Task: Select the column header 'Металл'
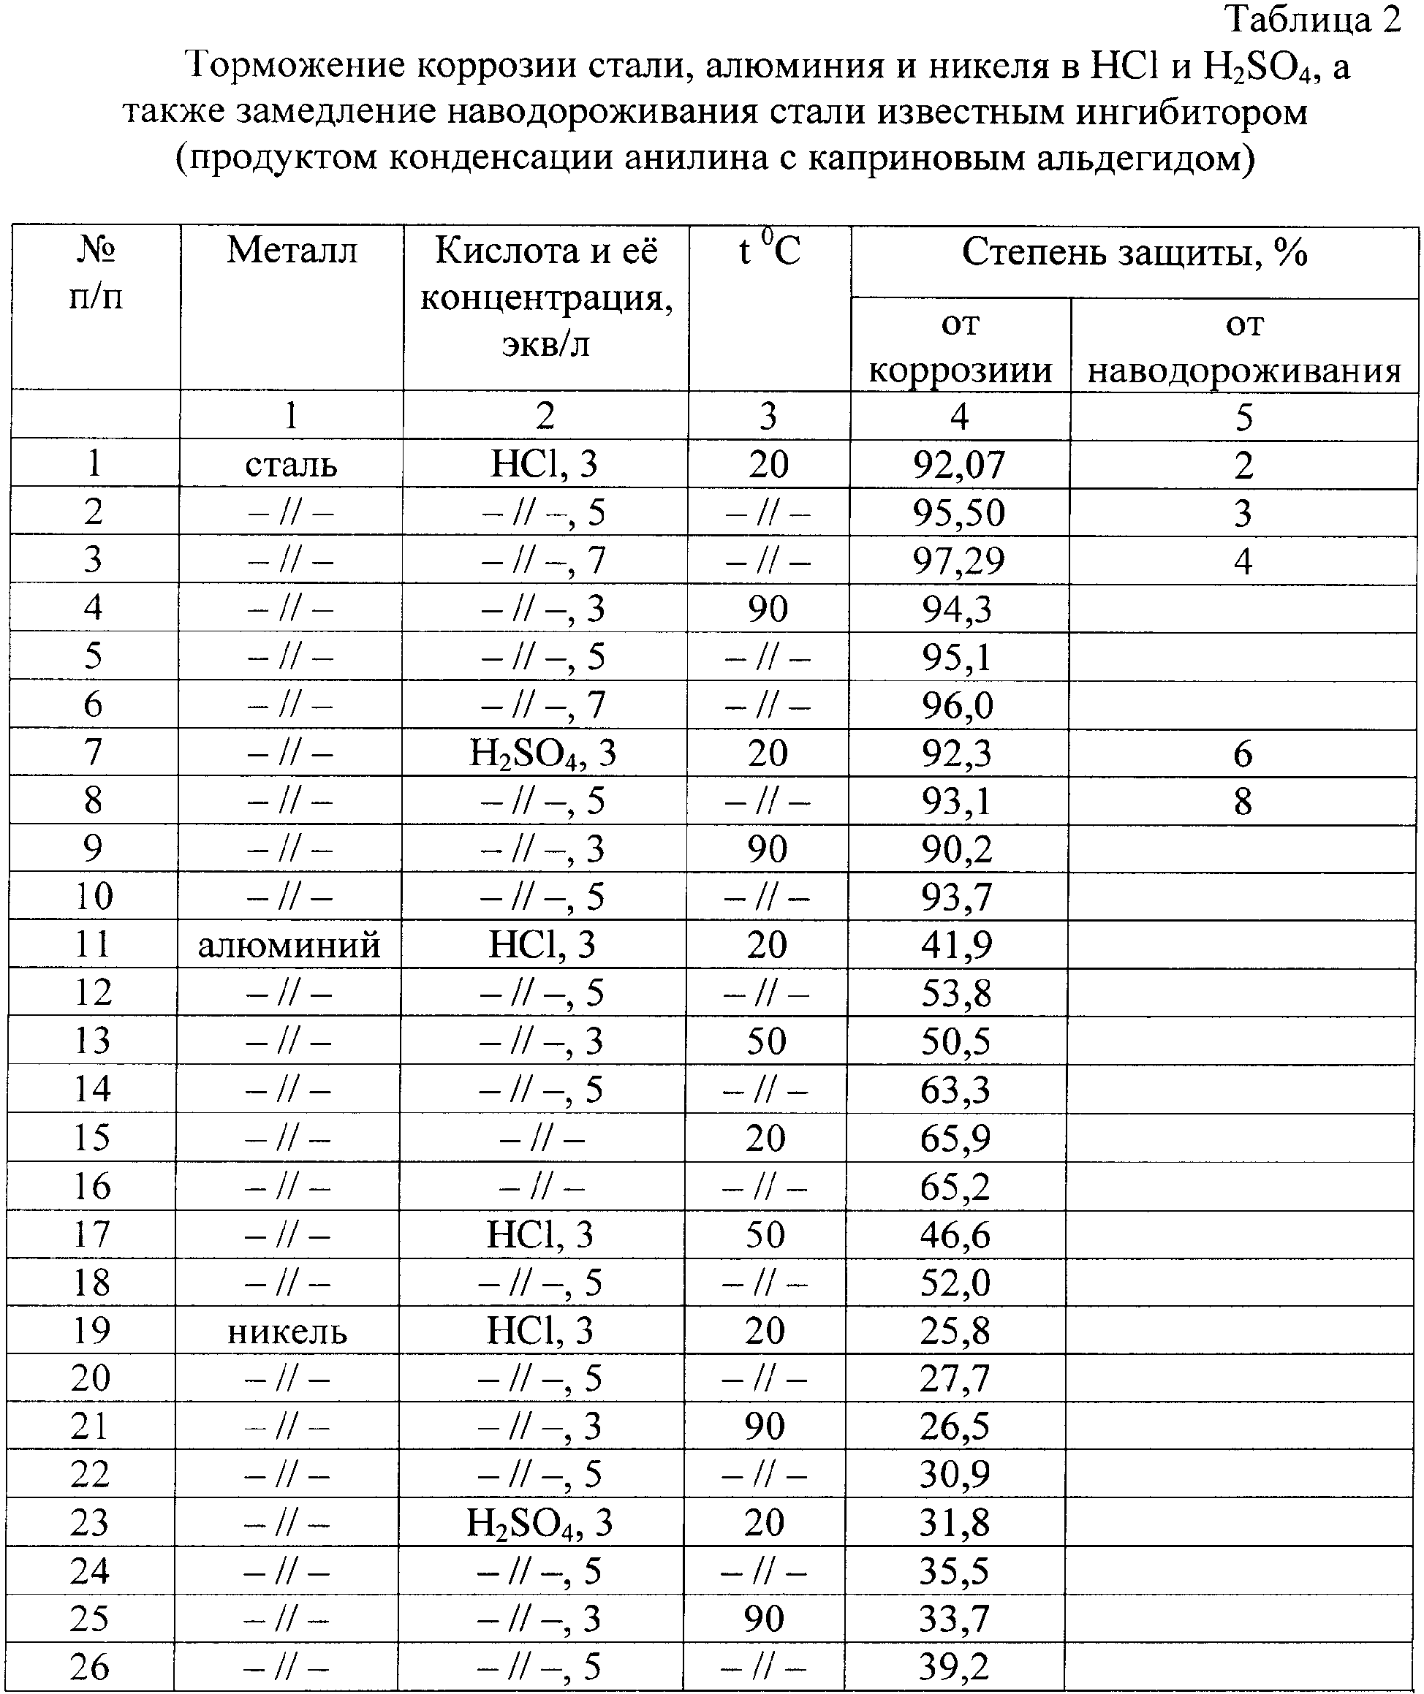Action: click(292, 251)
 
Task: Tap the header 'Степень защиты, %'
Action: click(1135, 254)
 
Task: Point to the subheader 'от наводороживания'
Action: click(1244, 348)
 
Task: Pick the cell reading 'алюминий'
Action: click(289, 945)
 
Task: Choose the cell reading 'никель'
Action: click(287, 1331)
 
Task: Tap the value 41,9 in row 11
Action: click(957, 945)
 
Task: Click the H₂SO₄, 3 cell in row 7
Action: click(542, 753)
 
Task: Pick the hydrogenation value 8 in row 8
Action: click(1243, 802)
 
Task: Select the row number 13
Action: click(92, 1041)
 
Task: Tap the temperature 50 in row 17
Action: click(765, 1235)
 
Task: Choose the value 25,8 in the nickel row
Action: click(955, 1331)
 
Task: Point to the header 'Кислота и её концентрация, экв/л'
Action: click(546, 297)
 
